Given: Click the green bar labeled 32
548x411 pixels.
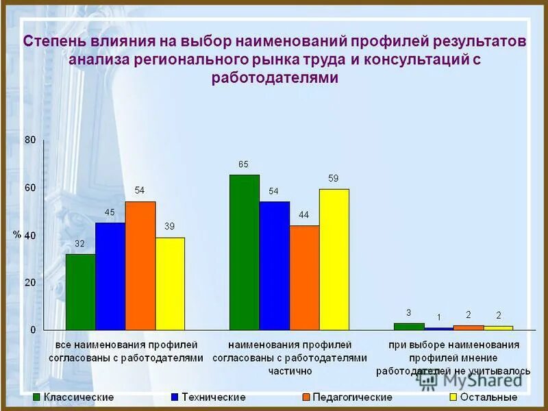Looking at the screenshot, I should (x=80, y=292).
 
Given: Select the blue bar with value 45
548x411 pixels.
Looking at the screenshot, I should (x=110, y=276).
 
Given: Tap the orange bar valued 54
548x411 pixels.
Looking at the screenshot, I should (x=140, y=266).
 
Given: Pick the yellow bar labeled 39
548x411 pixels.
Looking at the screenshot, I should (x=170, y=284).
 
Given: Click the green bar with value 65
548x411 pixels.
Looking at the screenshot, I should (x=244, y=252).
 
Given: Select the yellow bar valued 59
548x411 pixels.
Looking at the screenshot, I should (x=334, y=259).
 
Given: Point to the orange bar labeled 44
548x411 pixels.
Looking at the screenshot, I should (x=304, y=277).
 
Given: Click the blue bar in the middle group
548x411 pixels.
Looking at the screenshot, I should (x=274, y=266).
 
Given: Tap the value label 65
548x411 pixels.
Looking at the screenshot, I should (x=243, y=164).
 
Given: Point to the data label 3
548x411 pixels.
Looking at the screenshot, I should (x=408, y=312).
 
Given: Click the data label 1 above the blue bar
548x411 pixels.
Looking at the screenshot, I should (x=438, y=317).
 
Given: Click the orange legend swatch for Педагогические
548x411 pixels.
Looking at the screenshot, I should (x=306, y=397).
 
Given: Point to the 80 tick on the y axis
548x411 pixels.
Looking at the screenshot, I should (x=30, y=140).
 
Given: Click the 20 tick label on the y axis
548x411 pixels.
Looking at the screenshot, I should (x=30, y=282).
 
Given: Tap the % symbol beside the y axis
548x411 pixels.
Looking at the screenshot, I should (x=17, y=234).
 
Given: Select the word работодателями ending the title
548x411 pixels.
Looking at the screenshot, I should (x=274, y=77).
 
